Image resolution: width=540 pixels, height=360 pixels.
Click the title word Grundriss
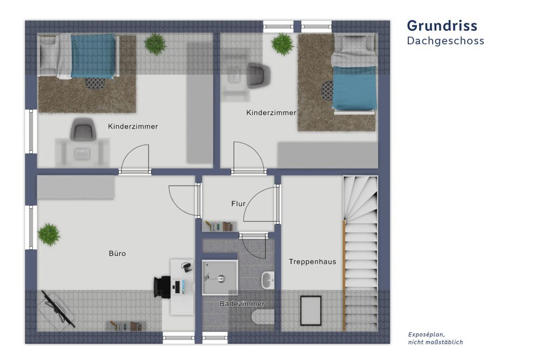pyautogui.click(x=442, y=25)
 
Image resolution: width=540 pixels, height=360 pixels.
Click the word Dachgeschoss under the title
pyautogui.click(x=445, y=41)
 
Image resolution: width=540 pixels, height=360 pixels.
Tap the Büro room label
pyautogui.click(x=117, y=253)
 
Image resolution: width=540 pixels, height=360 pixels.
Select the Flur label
pyautogui.click(x=238, y=203)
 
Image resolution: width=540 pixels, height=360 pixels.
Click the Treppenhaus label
pyautogui.click(x=312, y=262)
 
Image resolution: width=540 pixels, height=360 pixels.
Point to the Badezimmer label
pyautogui.click(x=241, y=304)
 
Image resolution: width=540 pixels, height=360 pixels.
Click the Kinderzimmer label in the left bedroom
pyautogui.click(x=133, y=127)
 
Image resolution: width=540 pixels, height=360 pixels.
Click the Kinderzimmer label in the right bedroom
pyautogui.click(x=271, y=113)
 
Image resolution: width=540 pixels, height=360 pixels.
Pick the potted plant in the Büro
pyautogui.click(x=49, y=234)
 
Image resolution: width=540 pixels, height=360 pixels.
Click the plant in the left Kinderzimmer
pyautogui.click(x=156, y=44)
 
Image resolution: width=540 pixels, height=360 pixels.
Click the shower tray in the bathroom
pyautogui.click(x=220, y=277)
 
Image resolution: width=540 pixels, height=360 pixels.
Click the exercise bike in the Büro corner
pyautogui.click(x=57, y=309)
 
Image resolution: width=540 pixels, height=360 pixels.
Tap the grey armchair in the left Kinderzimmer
pyautogui.click(x=82, y=130)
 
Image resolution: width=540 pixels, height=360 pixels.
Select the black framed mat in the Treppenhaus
pyautogui.click(x=310, y=310)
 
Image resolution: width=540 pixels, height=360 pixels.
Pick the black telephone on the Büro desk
pyautogui.click(x=187, y=266)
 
